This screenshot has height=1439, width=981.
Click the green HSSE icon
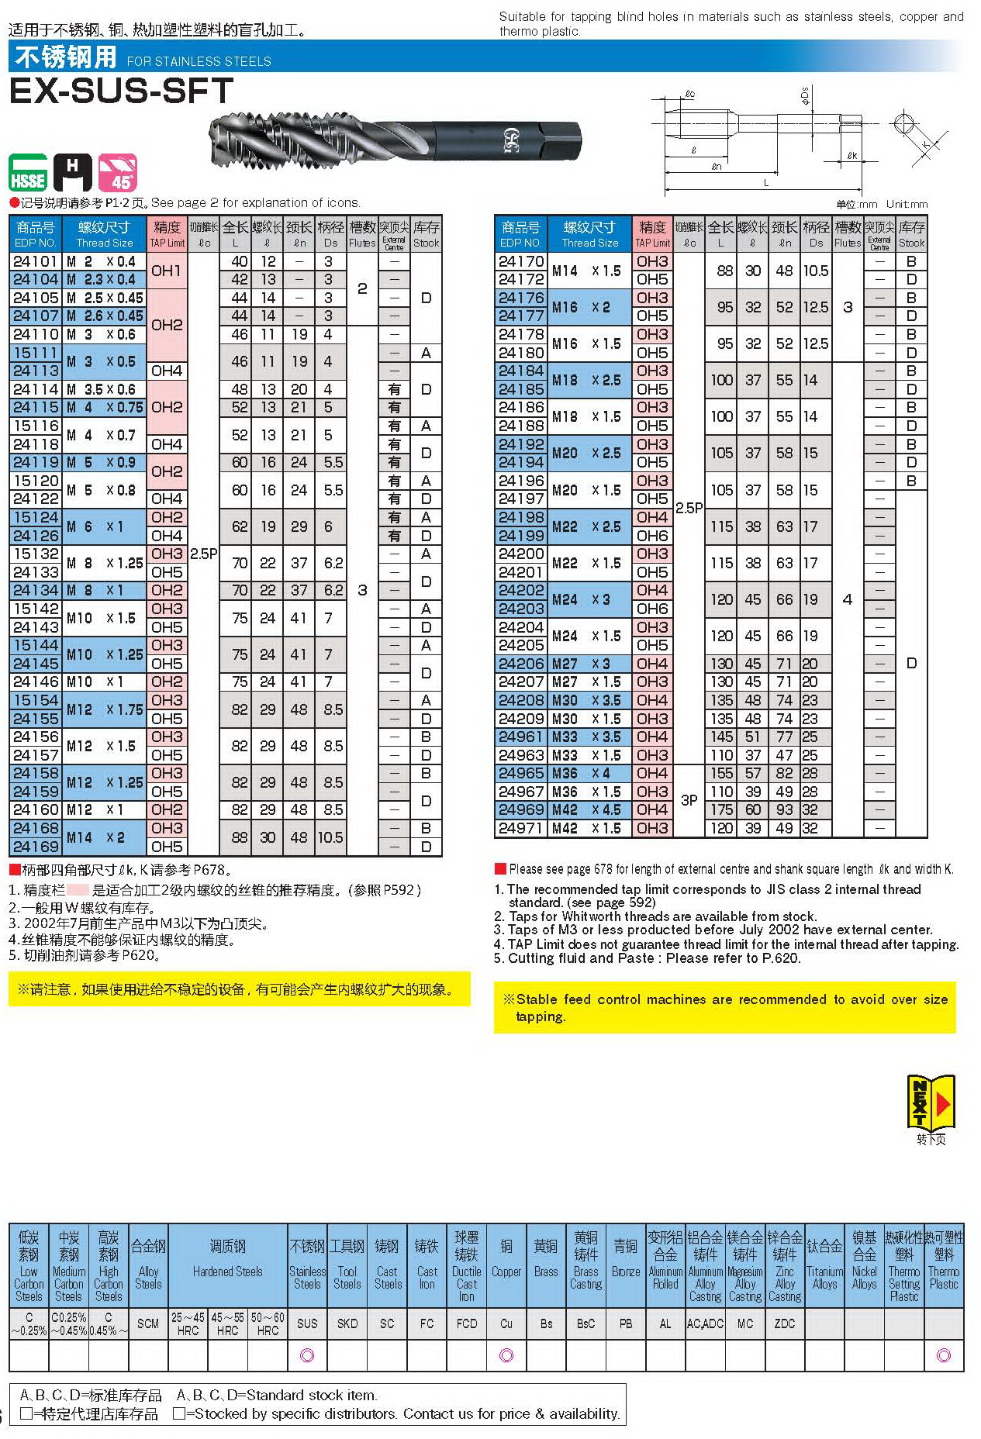(x=28, y=173)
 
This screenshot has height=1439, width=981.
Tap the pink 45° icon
(x=118, y=173)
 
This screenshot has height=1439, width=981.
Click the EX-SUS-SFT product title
(x=121, y=91)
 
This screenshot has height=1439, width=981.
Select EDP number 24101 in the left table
(x=36, y=261)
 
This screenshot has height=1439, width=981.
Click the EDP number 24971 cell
(x=520, y=828)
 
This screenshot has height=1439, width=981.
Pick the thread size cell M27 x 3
(x=589, y=664)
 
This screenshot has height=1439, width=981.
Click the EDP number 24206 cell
(x=520, y=664)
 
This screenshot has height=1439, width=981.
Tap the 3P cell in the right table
(x=689, y=800)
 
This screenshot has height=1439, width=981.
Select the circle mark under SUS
(x=307, y=1355)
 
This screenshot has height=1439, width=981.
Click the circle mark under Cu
(x=506, y=1355)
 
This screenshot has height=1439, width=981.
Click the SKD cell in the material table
(x=347, y=1323)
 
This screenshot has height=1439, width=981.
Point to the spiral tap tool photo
(x=396, y=140)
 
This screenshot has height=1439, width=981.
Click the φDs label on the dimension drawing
(x=805, y=95)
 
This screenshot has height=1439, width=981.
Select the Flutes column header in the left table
(x=362, y=233)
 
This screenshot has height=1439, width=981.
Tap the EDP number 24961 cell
(x=520, y=737)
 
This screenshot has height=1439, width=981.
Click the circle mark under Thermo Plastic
(x=944, y=1355)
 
